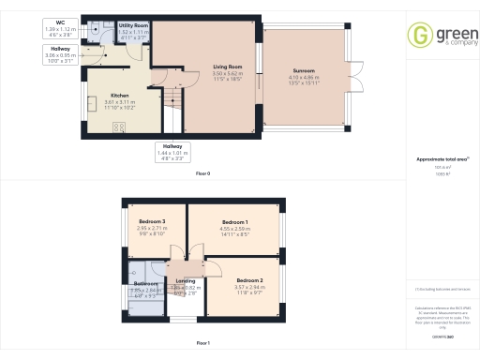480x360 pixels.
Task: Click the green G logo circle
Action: click(x=418, y=36)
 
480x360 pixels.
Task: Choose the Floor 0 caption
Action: click(x=202, y=173)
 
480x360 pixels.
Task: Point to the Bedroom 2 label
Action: click(x=248, y=280)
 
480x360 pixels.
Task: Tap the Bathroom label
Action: click(x=145, y=283)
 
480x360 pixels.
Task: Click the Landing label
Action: click(x=186, y=280)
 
